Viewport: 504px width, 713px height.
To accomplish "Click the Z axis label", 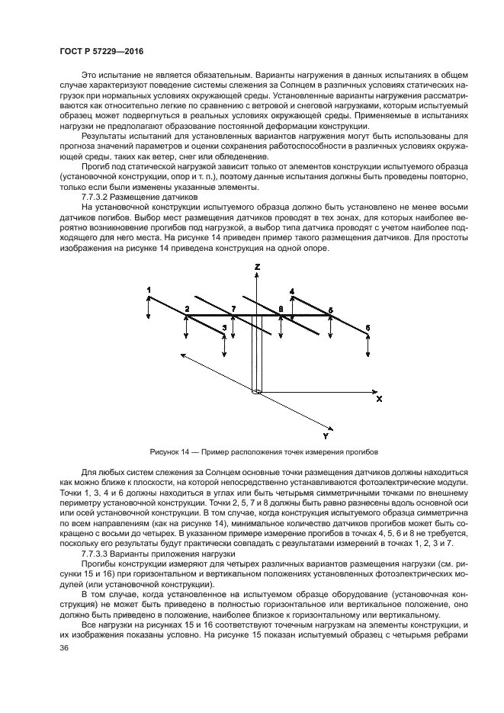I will click(258, 268).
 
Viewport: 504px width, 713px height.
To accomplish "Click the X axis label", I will click(379, 398).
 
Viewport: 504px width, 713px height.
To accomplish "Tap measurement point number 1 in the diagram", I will click(149, 288).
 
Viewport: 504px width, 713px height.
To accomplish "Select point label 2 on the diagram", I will click(186, 309).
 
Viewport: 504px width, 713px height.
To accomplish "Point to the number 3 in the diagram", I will click(223, 327).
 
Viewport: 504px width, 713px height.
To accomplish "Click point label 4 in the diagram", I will click(292, 291).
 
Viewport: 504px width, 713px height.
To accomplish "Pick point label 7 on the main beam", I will click(234, 309).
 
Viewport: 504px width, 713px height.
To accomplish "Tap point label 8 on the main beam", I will click(281, 309).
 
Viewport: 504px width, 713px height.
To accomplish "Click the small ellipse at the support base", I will click(257, 392).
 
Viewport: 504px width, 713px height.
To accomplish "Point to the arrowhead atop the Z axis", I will click(257, 278).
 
